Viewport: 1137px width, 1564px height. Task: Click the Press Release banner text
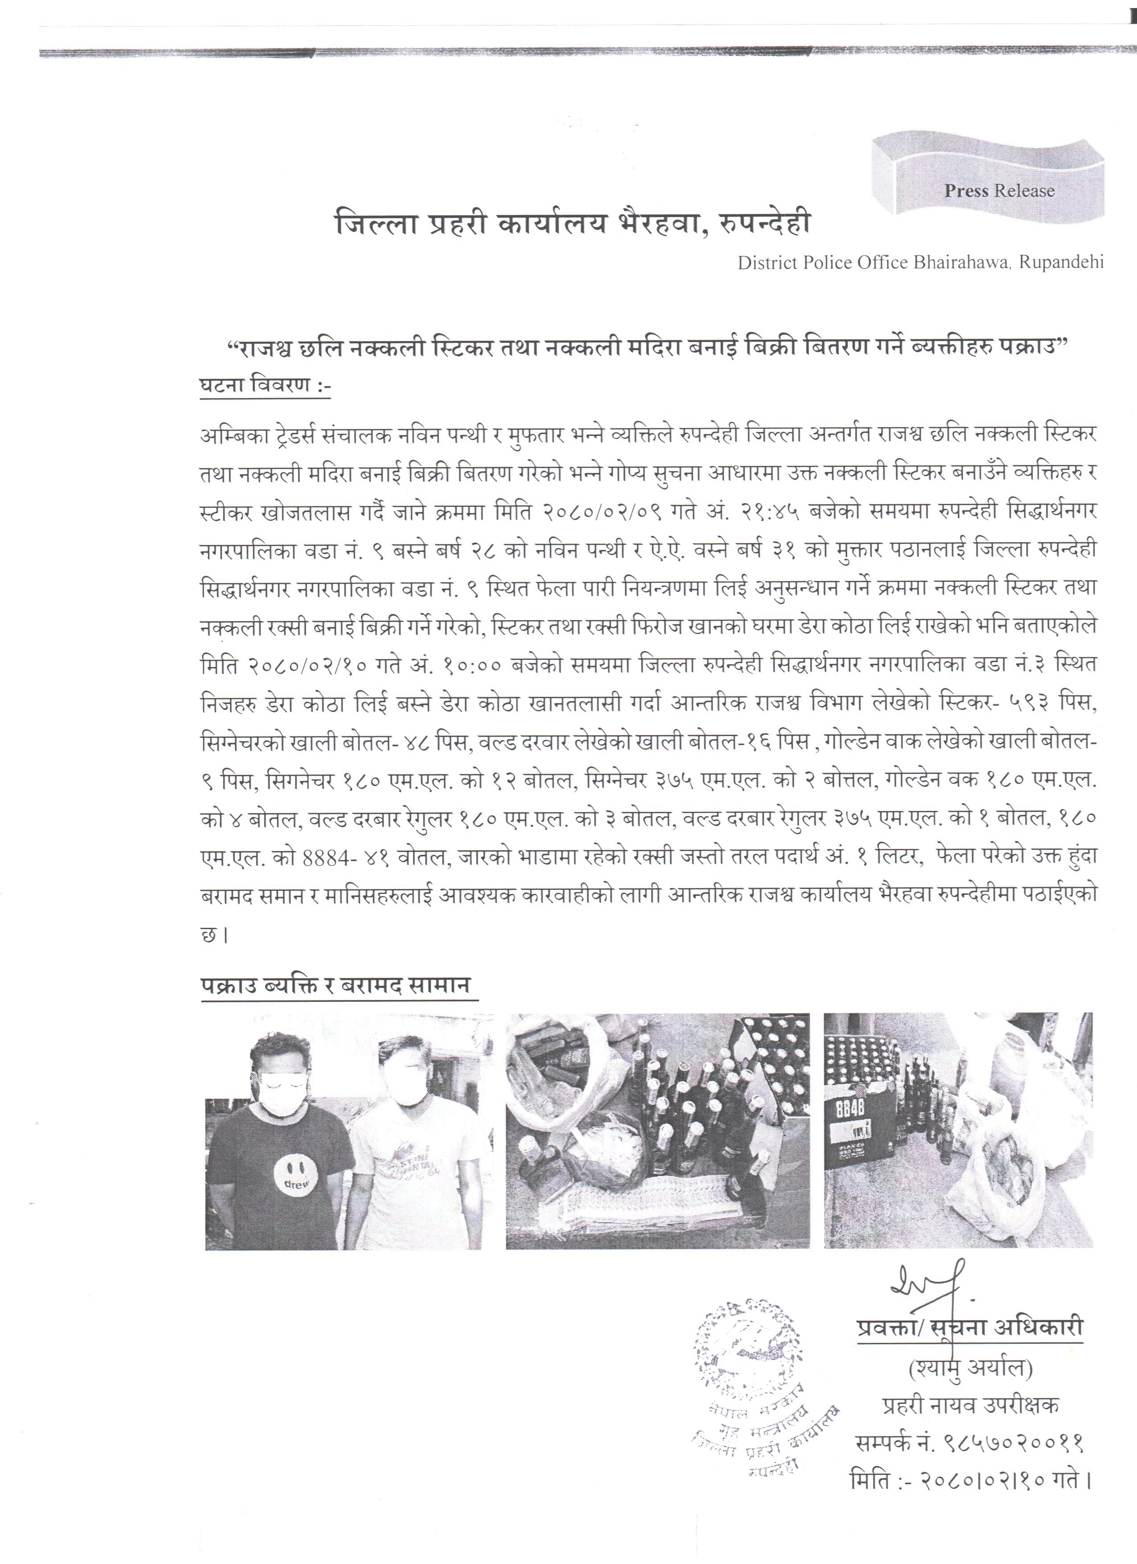tap(999, 191)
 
